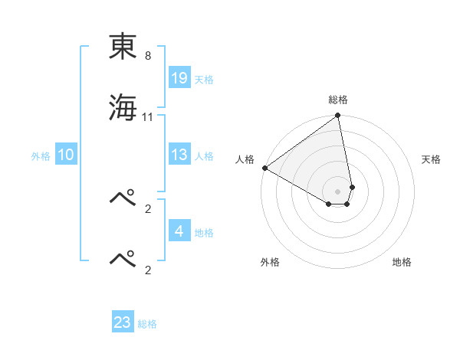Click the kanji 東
click(123, 47)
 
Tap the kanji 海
click(123, 107)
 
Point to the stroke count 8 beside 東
click(148, 57)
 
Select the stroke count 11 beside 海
click(148, 117)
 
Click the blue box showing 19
click(179, 78)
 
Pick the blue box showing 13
click(179, 155)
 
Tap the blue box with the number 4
click(179, 231)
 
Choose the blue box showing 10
click(66, 155)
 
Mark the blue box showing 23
click(123, 322)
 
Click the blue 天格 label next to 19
click(204, 80)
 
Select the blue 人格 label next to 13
click(204, 156)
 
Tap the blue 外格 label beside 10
click(41, 156)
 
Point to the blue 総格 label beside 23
click(147, 324)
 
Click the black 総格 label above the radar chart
click(338, 100)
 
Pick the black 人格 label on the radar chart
click(245, 159)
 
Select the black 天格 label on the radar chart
click(431, 159)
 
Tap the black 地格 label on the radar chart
click(402, 262)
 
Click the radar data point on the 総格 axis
click(338, 116)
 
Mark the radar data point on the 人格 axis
click(264, 168)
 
